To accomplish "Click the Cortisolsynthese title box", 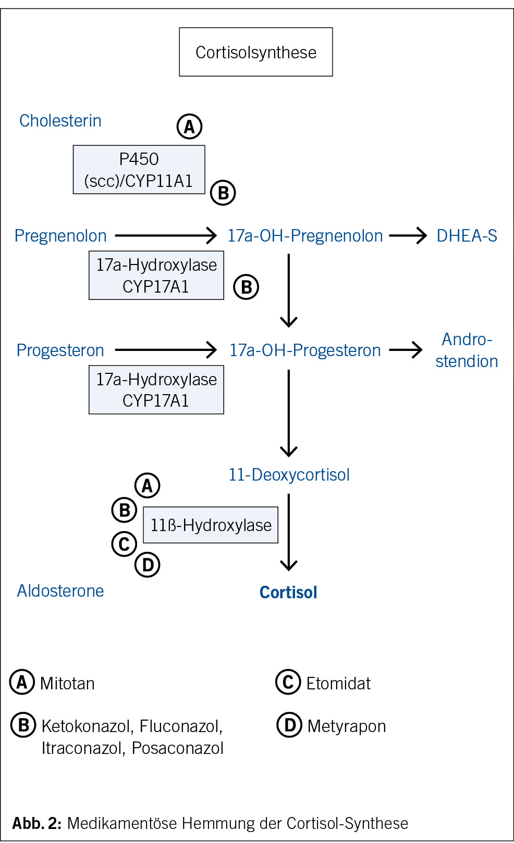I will (256, 52).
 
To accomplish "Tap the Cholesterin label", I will (60, 121).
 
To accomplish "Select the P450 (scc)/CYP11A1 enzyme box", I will (139, 170).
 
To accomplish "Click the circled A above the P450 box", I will (189, 127).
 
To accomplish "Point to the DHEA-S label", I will (467, 236).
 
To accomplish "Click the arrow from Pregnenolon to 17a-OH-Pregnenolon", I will (165, 235).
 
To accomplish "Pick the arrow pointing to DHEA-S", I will (408, 236).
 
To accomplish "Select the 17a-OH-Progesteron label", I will (305, 350).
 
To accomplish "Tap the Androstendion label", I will (467, 350).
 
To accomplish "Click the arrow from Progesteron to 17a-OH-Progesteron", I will (165, 350).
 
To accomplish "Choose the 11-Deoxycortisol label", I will (289, 475).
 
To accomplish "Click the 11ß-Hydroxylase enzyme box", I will (211, 525).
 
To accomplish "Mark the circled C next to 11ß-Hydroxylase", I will (124, 544).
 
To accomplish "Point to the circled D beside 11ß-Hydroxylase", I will (148, 565).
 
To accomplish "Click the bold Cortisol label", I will (288, 593).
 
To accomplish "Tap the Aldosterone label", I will (60, 591).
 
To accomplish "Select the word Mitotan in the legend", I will (67, 684).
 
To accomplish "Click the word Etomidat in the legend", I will (338, 684).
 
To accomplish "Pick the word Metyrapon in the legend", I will (347, 726).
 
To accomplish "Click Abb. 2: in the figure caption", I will (37, 823).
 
